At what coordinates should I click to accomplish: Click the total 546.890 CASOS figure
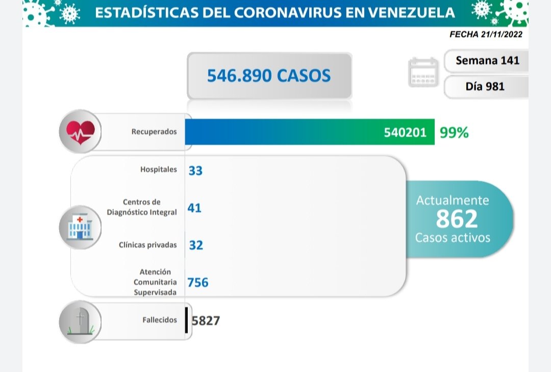269,76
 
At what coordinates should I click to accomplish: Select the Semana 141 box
487,60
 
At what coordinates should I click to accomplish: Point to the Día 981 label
485,86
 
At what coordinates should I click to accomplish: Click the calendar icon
423,72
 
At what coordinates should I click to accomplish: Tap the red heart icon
80,132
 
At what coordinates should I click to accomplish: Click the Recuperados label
154,132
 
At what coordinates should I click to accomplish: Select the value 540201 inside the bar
405,133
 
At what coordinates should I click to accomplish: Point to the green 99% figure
454,133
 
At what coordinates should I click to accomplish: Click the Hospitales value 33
195,170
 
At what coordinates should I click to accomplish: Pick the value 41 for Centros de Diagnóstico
194,208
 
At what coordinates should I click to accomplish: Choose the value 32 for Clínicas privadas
195,245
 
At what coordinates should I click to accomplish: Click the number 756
198,282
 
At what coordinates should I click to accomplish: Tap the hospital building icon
80,227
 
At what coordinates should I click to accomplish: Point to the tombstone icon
80,321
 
